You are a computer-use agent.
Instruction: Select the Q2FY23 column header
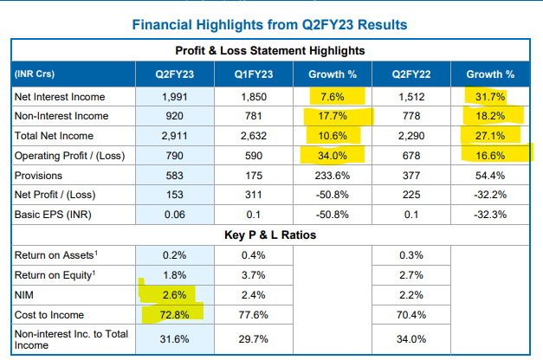pos(176,74)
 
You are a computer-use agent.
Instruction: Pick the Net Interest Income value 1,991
pos(176,96)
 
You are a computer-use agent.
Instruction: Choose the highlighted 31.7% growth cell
pos(490,96)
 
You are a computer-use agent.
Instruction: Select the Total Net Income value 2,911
pos(176,135)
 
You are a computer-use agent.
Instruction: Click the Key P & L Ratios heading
pos(270,234)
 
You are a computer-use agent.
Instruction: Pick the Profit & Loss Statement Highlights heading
pos(270,52)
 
